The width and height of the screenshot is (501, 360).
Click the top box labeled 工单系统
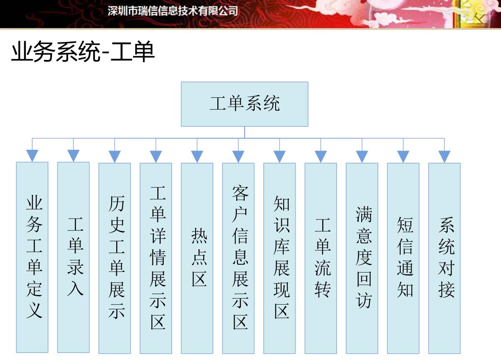(245, 104)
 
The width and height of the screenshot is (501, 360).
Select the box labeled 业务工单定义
(32, 258)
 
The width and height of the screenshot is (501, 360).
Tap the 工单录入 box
(73, 258)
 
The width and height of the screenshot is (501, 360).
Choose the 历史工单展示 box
(115, 258)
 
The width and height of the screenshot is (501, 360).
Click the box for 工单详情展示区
(156, 258)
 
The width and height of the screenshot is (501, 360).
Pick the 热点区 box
(197, 258)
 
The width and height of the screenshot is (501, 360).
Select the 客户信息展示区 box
(238, 258)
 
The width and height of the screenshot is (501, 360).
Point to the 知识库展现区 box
(279, 258)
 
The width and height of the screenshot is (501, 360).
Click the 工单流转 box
(321, 258)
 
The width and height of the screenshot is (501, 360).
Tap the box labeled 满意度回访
(362, 258)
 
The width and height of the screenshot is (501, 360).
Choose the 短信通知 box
(403, 258)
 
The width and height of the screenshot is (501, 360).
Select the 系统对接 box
(444, 258)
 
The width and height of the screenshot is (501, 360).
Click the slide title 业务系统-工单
(83, 52)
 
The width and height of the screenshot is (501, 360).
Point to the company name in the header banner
(173, 11)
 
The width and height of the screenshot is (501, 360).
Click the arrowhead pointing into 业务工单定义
(32, 156)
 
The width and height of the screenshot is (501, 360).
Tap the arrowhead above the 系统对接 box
(444, 157)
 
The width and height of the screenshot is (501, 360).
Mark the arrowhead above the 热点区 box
(197, 157)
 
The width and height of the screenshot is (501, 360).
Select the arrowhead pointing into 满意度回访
(362, 157)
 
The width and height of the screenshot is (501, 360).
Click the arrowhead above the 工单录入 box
(73, 156)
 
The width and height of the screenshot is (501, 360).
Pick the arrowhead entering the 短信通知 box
(403, 157)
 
